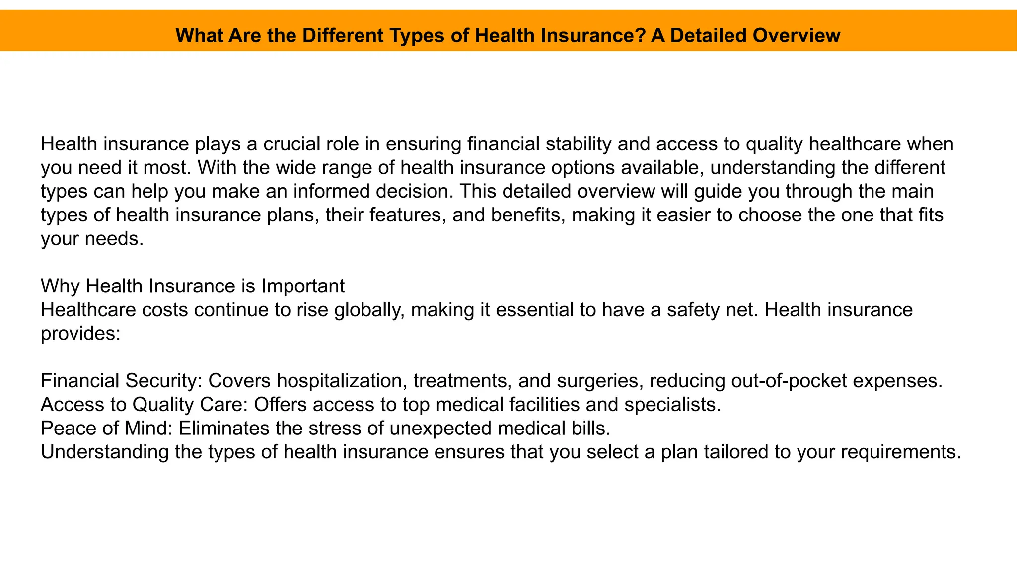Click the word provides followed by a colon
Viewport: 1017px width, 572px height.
[79, 334]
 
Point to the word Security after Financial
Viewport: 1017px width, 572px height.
[163, 381]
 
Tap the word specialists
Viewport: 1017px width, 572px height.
[672, 405]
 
